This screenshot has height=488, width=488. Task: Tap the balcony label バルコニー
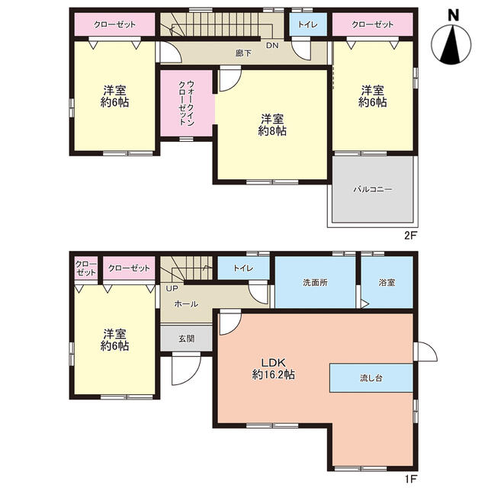coord(373,189)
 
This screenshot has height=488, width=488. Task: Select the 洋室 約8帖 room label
coord(272,125)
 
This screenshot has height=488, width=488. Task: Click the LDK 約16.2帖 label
coord(273,368)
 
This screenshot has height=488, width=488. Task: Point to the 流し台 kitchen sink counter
coord(371,378)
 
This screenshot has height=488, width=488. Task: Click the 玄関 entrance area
coord(186,339)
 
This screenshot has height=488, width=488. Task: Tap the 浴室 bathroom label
coord(387,282)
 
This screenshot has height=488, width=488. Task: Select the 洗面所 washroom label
coord(315,282)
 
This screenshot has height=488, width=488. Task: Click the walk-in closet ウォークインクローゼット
coord(186,103)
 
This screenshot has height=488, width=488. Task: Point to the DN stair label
coord(272,46)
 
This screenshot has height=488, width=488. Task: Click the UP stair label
coord(172,288)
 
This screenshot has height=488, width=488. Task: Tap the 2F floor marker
coord(410,236)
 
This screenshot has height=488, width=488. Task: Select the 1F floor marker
coord(410,478)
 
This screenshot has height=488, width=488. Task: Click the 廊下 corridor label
coord(243,53)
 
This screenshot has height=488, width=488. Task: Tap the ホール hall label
coord(186,303)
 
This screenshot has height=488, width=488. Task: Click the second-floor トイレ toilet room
coord(308,24)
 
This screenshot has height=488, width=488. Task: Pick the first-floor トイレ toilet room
coord(243,268)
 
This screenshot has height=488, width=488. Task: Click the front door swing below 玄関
coord(186,370)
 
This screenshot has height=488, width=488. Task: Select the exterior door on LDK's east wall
coord(425,352)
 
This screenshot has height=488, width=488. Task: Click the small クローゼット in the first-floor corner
coord(86,268)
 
